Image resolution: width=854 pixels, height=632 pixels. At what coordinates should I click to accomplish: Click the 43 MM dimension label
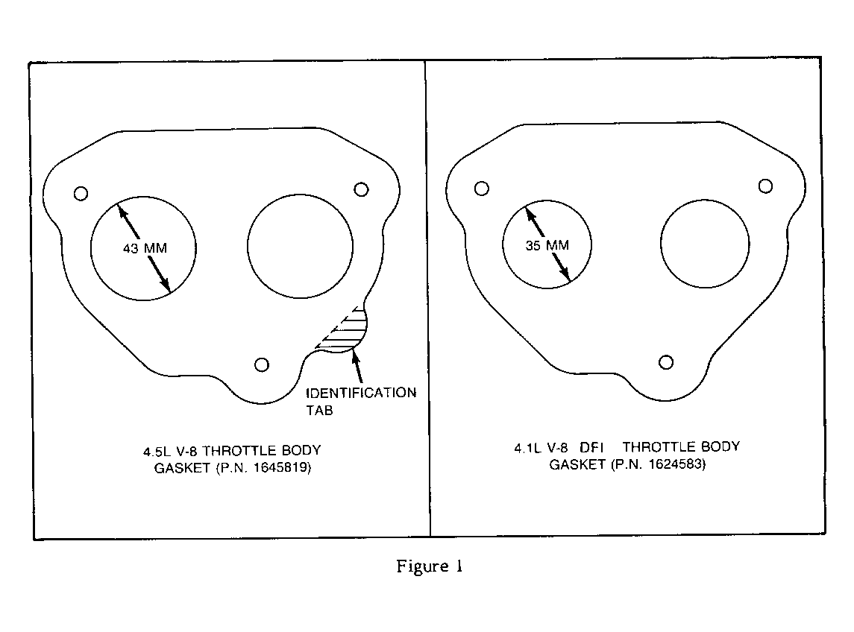point(145,248)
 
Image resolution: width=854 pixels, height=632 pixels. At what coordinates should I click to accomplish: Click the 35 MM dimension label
point(547,245)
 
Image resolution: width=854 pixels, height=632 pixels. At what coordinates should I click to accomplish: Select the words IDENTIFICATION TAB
point(361,402)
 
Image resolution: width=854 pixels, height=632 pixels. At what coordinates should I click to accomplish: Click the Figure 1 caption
point(430,566)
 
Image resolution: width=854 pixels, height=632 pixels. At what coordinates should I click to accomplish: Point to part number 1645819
point(281,467)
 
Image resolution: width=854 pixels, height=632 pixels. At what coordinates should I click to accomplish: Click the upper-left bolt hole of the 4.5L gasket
point(81,193)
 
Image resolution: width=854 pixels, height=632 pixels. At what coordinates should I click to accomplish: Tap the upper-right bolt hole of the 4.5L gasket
point(361,189)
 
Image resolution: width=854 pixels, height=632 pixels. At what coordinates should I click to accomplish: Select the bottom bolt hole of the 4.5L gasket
point(262,364)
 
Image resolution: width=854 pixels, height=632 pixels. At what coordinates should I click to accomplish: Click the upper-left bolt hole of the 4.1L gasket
point(482,189)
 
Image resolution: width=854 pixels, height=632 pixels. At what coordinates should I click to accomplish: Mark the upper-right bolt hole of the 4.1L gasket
point(765,186)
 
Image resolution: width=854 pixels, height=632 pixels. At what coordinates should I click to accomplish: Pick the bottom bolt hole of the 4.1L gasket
point(665,362)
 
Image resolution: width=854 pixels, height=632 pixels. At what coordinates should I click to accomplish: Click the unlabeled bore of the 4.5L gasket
point(300,195)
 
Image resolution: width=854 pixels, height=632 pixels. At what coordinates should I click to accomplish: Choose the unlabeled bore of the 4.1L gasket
point(705,200)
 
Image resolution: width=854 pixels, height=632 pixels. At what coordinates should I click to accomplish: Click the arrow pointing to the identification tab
point(357,367)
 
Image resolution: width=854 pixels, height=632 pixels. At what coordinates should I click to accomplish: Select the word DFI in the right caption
point(591,447)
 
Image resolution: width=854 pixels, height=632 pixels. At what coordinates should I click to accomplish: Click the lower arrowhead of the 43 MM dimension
point(164,284)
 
